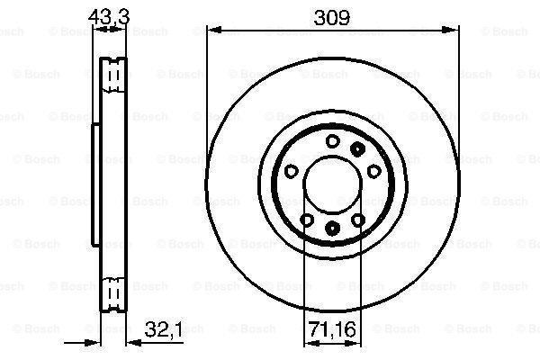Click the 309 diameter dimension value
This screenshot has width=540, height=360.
point(330,15)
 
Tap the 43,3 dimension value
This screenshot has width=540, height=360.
point(111,15)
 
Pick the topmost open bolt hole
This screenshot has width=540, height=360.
point(332,139)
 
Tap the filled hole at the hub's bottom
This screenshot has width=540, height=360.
point(331,229)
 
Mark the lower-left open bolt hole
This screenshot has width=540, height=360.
point(306,220)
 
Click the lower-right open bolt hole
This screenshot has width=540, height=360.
point(358,220)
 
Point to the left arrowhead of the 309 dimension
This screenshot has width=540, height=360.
point(212,30)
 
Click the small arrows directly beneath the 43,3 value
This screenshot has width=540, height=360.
point(110,30)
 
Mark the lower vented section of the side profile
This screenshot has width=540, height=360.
point(112,292)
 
